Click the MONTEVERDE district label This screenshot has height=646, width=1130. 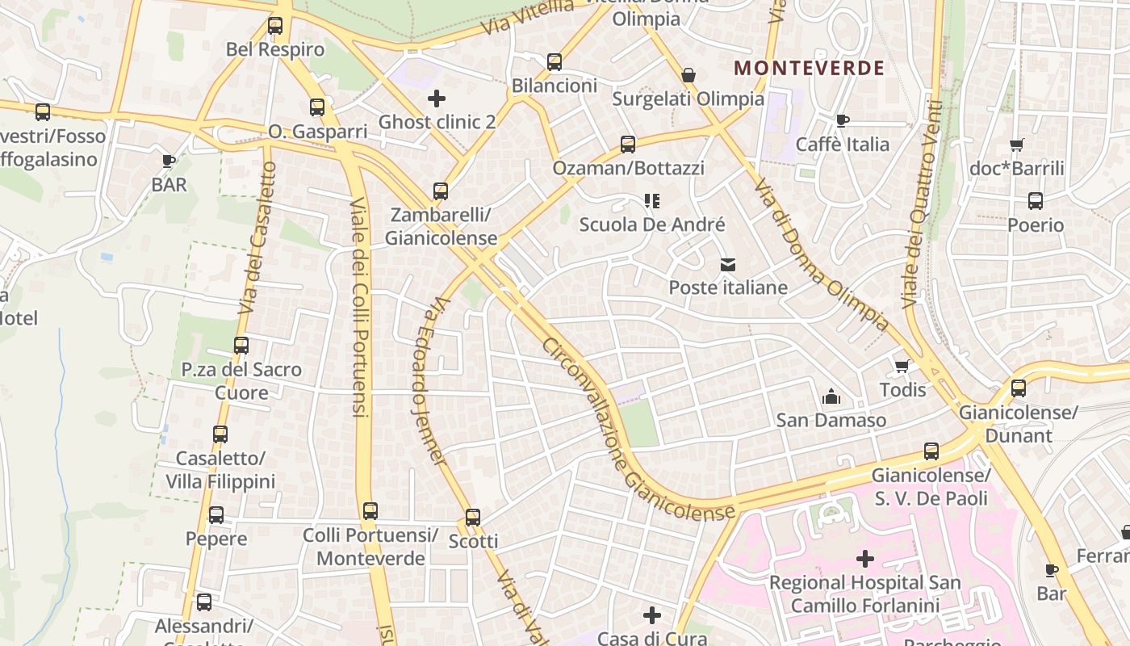tap(809, 68)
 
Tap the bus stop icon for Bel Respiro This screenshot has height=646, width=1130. tap(275, 26)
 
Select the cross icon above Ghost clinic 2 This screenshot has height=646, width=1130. tap(437, 99)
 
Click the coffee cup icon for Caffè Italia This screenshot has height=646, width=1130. tap(843, 121)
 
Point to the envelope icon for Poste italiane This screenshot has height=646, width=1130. tap(728, 264)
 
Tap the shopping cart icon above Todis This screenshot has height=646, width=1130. tap(902, 367)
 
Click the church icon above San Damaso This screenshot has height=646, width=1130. tap(831, 396)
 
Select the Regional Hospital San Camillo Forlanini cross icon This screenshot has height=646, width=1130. tap(865, 558)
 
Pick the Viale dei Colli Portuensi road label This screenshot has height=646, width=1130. tap(359, 307)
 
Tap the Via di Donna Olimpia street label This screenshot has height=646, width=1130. tap(822, 255)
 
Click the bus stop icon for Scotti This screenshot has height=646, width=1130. tap(473, 518)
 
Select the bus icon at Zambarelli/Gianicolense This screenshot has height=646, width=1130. tap(441, 191)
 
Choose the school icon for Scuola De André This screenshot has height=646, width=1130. tap(652, 200)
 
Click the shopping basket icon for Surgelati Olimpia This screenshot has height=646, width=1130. tap(688, 75)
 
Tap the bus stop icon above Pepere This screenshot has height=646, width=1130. tap(216, 515)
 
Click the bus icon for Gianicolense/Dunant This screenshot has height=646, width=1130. tap(1019, 388)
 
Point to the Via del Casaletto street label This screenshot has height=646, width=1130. tap(258, 239)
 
